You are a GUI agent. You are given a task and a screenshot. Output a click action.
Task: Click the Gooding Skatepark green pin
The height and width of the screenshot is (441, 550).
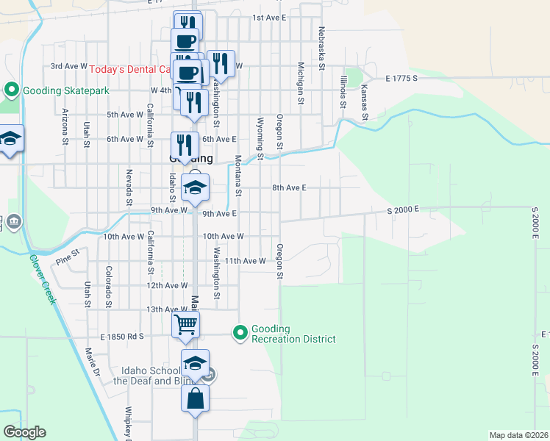coord(11,90)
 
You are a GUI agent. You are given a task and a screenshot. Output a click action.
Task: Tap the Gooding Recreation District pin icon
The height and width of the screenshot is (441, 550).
coord(240,334)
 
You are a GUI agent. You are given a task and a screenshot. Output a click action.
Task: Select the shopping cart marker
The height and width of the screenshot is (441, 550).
coord(186,323)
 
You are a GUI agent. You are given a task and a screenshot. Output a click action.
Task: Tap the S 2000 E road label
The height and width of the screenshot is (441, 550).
coord(403,210)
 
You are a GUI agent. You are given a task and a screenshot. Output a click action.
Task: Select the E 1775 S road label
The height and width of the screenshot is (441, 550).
coord(401,77)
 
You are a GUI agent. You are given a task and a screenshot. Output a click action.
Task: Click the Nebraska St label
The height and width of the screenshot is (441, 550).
coord(321,48)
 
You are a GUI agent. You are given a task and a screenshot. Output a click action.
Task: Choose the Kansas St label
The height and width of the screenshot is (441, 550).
coord(363,100)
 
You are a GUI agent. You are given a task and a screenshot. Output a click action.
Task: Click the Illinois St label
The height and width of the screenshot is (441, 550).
coord(343,90)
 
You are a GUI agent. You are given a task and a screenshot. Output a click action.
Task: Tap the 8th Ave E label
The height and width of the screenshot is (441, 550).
coord(288,188)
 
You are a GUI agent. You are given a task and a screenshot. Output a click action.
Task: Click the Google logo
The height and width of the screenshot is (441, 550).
coord(25,432)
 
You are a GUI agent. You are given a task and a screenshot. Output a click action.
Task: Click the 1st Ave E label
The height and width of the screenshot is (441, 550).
coord(268,17)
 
